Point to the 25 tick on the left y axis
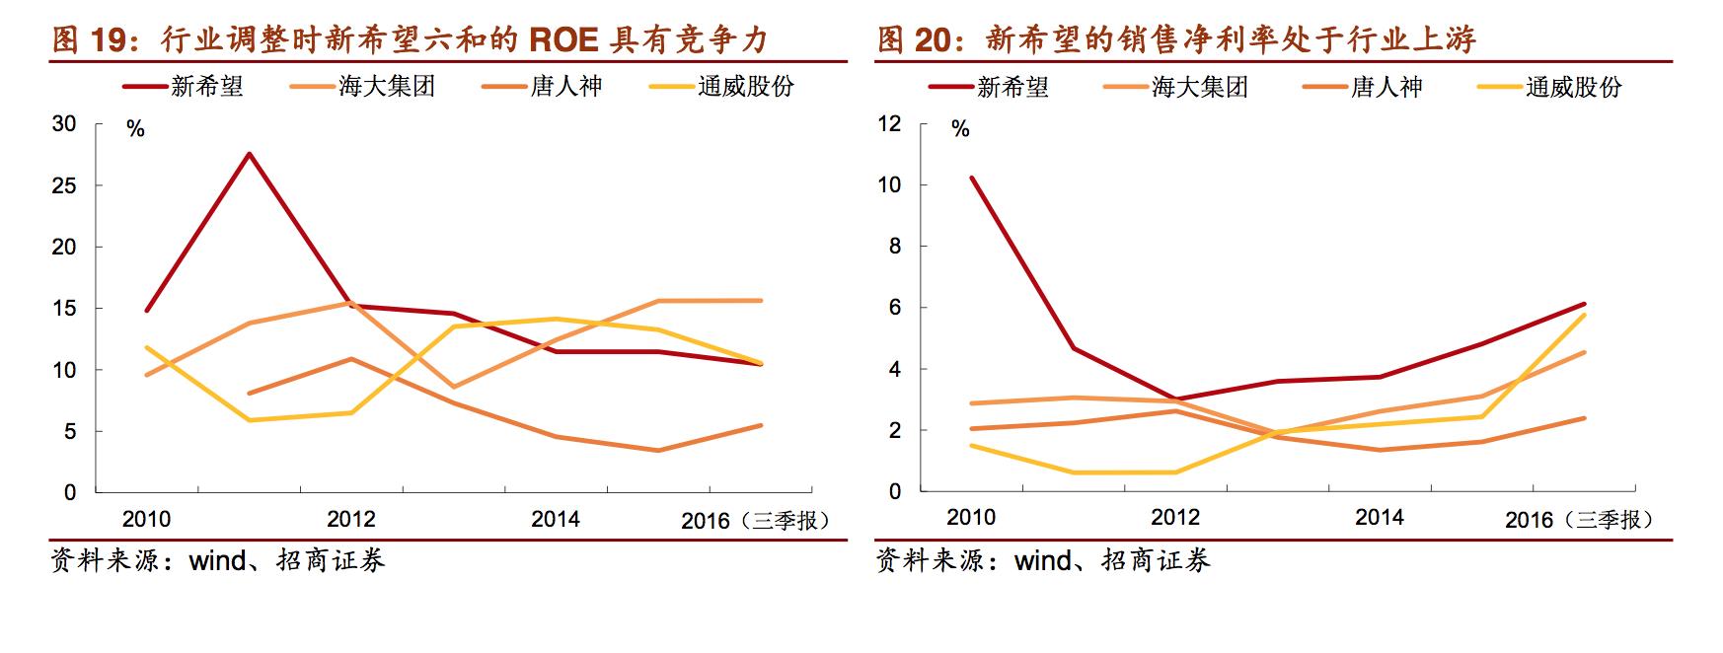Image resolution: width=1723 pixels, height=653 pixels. pyautogui.click(x=63, y=185)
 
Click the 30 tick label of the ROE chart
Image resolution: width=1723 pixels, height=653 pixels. pyautogui.click(x=63, y=124)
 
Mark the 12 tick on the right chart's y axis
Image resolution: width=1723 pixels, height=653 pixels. pyautogui.click(x=889, y=124)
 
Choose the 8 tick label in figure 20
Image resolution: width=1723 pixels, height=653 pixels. pyautogui.click(x=895, y=247)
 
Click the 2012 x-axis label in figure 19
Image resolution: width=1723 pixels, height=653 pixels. pyautogui.click(x=351, y=519)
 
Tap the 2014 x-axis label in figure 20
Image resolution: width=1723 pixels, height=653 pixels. pyautogui.click(x=1380, y=517)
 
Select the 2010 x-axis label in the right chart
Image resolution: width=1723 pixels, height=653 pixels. pyautogui.click(x=971, y=517)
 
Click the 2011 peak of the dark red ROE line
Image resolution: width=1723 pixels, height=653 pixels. pyautogui.click(x=249, y=153)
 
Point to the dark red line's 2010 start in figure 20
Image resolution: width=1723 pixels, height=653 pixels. pyautogui.click(x=972, y=178)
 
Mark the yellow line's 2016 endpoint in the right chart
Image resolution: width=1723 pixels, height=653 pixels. pyautogui.click(x=1584, y=315)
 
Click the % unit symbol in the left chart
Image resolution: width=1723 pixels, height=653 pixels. pyautogui.click(x=135, y=130)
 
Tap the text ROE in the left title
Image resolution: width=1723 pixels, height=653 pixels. pyautogui.click(x=564, y=40)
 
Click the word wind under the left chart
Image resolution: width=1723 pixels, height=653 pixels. pyautogui.click(x=217, y=561)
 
